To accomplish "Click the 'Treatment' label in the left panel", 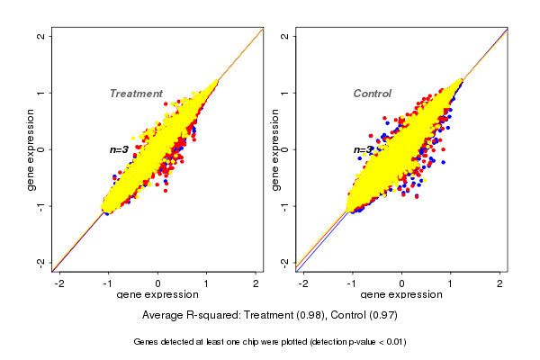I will click(136, 94).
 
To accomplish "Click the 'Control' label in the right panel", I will click(372, 94).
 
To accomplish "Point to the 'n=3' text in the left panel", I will click(120, 149).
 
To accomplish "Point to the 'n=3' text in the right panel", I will click(363, 150).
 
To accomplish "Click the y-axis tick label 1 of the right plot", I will click(285, 93).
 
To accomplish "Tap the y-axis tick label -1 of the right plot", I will click(285, 206).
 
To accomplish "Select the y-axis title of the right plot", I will click(274, 149).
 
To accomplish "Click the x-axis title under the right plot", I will click(401, 295).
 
